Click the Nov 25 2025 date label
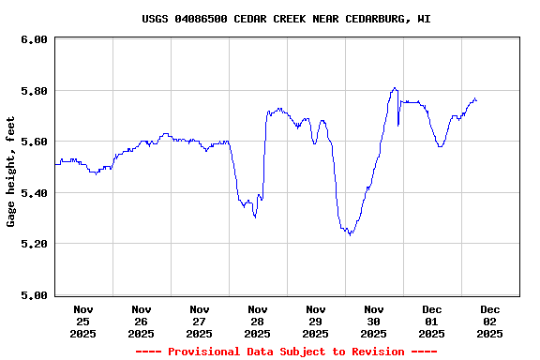coord(83,321)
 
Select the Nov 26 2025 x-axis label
coord(142,321)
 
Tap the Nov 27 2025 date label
coord(200,321)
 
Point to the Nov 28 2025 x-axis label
coord(258,321)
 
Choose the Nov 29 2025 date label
coord(316,321)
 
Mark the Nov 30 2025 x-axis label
coord(374,321)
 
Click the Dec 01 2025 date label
coord(432,321)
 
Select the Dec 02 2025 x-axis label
coord(490,321)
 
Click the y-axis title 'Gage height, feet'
coord(11,172)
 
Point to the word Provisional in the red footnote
coord(203,352)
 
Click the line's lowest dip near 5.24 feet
coord(350,233)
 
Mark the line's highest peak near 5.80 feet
coord(395,88)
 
